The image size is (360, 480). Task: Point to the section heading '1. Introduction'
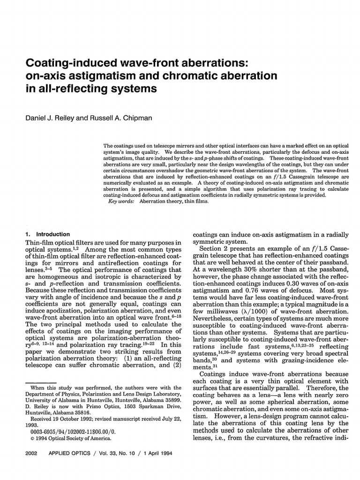pyautogui.click(x=47, y=234)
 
